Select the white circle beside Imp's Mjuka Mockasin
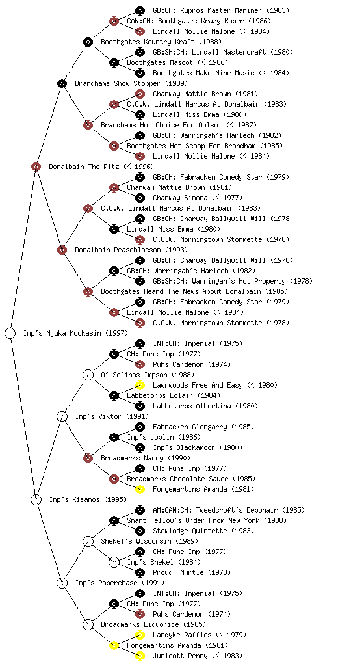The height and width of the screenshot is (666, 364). pos(10,333)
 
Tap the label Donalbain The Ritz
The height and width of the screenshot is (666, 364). pos(84,167)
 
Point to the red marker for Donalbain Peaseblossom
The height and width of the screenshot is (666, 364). pos(62,250)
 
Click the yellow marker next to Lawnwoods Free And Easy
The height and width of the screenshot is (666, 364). pos(140,385)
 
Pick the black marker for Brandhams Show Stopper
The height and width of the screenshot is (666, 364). pos(62,83)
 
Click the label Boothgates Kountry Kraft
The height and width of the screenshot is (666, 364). pos(148,42)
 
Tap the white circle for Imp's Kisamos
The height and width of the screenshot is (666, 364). pos(36,499)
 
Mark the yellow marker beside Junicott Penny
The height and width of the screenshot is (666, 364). pos(140,656)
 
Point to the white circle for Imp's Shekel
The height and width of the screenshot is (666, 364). pos(114,562)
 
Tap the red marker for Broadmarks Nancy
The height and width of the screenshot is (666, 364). pos(88,458)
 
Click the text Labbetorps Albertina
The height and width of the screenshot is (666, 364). pos(192,406)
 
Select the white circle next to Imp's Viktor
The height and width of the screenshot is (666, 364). pos(62,416)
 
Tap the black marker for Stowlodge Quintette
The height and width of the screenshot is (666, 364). pos(140,531)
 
